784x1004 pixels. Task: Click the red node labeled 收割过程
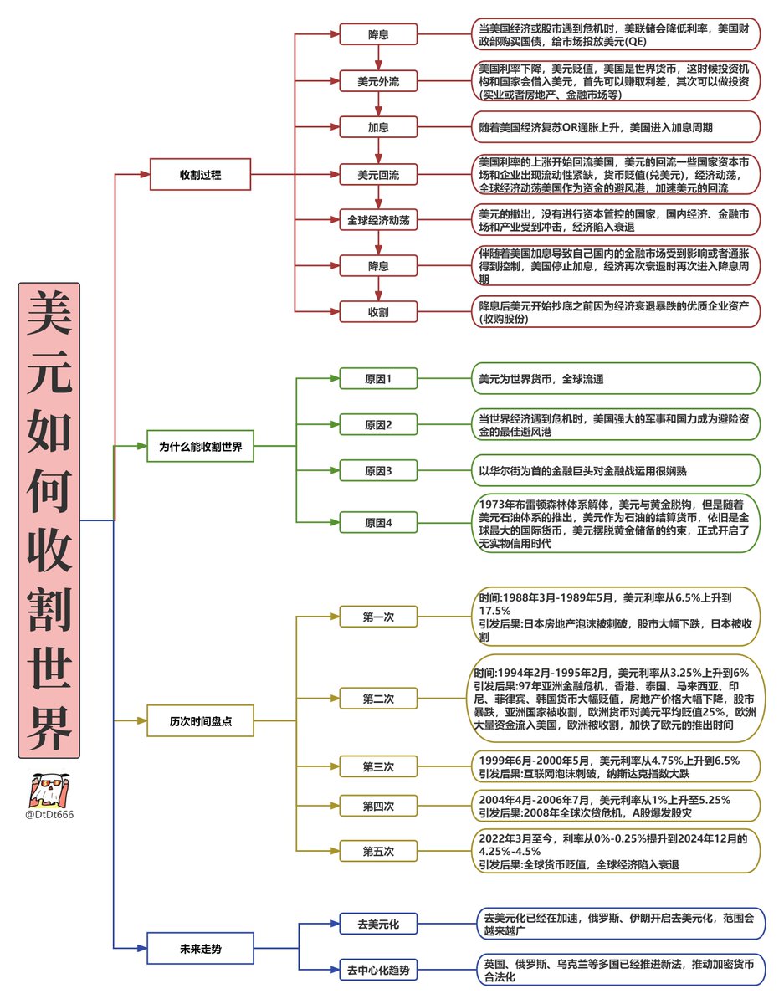click(x=201, y=175)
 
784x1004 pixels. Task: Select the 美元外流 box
click(x=378, y=81)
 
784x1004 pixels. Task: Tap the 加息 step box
click(x=378, y=128)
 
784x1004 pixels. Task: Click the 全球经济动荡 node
click(x=378, y=221)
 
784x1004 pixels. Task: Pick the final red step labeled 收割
click(x=378, y=311)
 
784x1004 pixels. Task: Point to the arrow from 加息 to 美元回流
click(x=378, y=151)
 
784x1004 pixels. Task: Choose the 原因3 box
click(x=378, y=471)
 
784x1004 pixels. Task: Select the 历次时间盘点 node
click(x=201, y=720)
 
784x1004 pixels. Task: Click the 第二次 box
click(x=378, y=698)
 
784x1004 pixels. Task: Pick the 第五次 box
click(x=378, y=851)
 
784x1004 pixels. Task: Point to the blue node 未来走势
click(x=201, y=949)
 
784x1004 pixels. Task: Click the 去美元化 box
click(x=378, y=925)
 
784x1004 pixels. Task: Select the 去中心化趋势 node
click(x=378, y=971)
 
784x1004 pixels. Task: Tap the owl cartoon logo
click(x=49, y=789)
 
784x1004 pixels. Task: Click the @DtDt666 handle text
click(x=49, y=814)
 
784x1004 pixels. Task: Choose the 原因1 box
click(x=378, y=379)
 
